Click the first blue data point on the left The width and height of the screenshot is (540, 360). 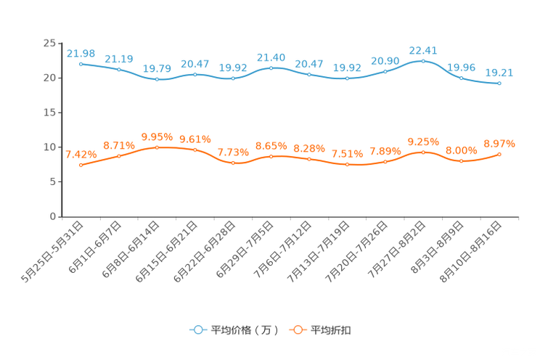pyautogui.click(x=81, y=63)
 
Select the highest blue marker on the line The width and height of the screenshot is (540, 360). pyautogui.click(x=423, y=61)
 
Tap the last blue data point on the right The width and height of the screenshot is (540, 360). pyautogui.click(x=499, y=83)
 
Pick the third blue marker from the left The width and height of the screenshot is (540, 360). pyautogui.click(x=157, y=78)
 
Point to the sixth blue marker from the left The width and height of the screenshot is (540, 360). pyautogui.click(x=271, y=67)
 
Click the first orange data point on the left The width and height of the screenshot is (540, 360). pyautogui.click(x=81, y=165)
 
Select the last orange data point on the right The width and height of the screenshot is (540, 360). pyautogui.click(x=499, y=154)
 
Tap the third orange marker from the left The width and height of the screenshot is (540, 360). pyautogui.click(x=157, y=147)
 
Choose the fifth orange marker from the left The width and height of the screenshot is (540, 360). pyautogui.click(x=233, y=163)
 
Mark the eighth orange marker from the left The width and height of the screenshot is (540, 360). pyautogui.click(x=347, y=165)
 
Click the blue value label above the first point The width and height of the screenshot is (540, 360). pyautogui.click(x=81, y=53)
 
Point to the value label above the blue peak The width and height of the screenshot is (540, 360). pyautogui.click(x=423, y=50)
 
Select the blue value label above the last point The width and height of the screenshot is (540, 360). pyautogui.click(x=499, y=72)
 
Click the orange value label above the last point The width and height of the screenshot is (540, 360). pyautogui.click(x=499, y=144)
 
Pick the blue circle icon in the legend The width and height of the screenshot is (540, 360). pyautogui.click(x=197, y=330)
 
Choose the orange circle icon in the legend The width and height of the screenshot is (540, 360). pyautogui.click(x=297, y=330)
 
